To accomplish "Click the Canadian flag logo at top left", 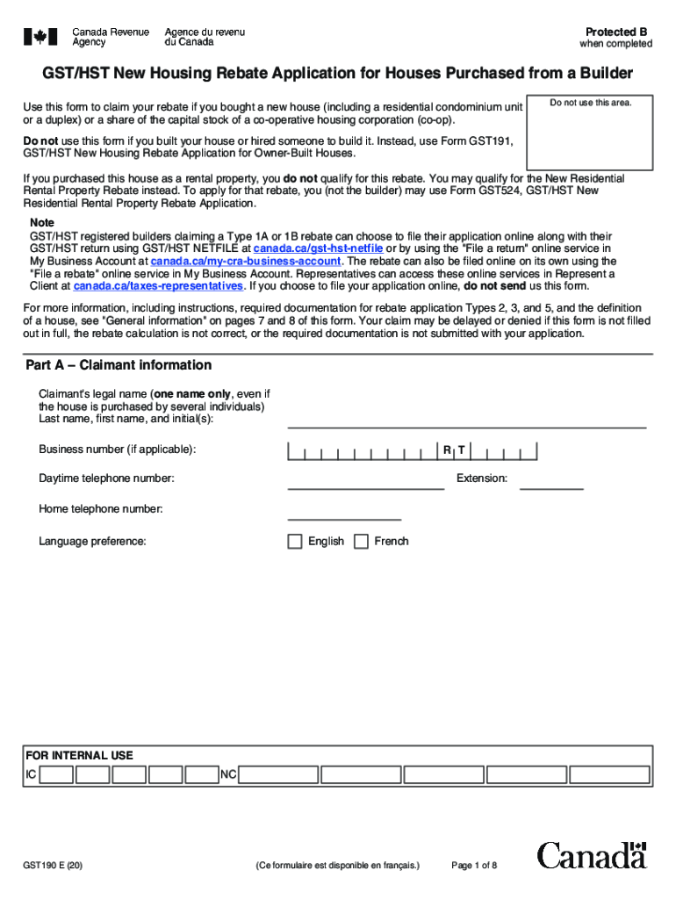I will pos(40,37).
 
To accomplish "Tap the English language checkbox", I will pos(295,542).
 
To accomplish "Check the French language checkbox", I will pos(361,542).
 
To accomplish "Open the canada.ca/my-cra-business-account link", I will pos(245,261).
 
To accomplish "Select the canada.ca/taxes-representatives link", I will pos(158,285).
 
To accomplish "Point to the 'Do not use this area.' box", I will pos(590,132).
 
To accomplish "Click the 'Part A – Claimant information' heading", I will pos(119,365).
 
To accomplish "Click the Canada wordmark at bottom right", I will pos(592,854).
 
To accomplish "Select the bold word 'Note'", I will pos(42,223).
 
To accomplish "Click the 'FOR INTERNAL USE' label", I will pos(79,755).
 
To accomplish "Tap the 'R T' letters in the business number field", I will pos(454,450).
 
